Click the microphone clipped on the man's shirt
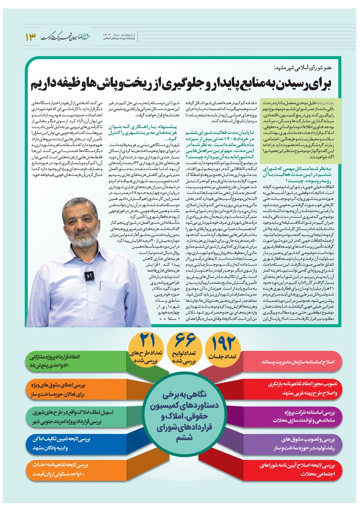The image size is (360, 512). tap(88, 276)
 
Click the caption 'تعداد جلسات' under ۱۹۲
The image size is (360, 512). tap(225, 356)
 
